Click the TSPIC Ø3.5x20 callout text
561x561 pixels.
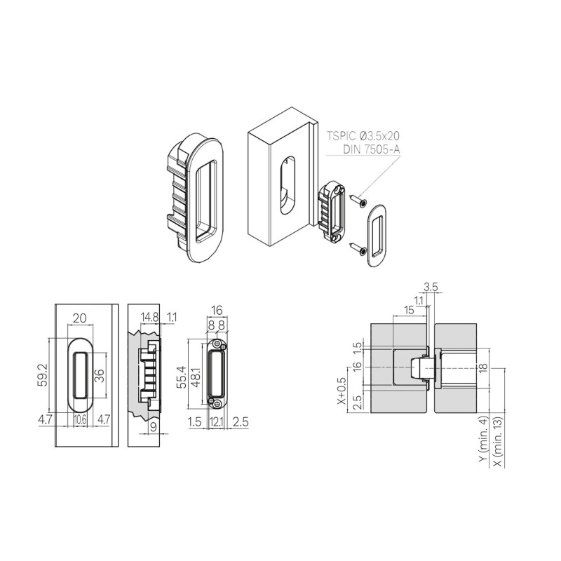(363, 136)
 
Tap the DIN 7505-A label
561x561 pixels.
(371, 149)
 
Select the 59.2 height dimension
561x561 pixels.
(43, 375)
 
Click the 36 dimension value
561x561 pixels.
(100, 375)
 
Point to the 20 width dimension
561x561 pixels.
(79, 318)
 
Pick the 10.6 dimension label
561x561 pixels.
(80, 419)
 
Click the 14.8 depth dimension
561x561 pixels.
(149, 317)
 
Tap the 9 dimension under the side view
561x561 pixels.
(154, 428)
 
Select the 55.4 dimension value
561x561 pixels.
(182, 376)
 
